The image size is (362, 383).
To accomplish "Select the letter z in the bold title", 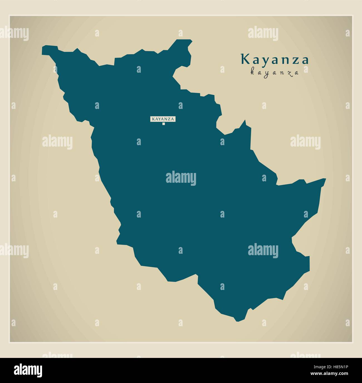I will pyautogui.click(x=295, y=60).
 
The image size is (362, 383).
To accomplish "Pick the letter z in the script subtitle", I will pyautogui.click(x=290, y=73).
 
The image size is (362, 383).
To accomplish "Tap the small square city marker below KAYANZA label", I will pyautogui.click(x=163, y=124).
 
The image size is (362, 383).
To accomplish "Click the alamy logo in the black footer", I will pyautogui.click(x=28, y=370).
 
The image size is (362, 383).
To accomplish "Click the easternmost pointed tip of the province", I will pyautogui.click(x=325, y=179).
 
